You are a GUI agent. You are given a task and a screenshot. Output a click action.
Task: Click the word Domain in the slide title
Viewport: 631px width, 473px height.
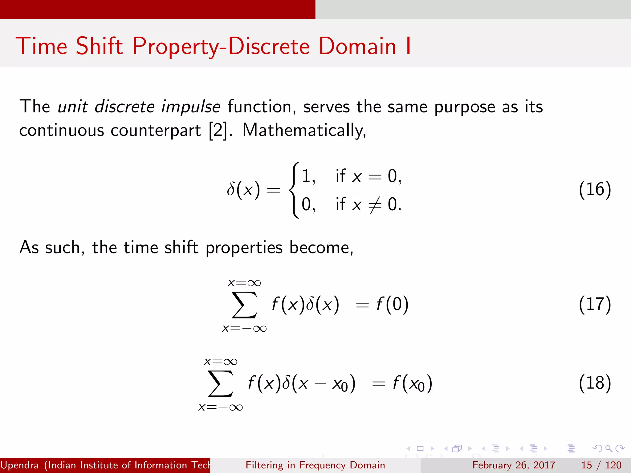[x=357, y=46]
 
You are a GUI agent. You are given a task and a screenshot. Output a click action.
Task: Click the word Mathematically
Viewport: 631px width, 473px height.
[x=304, y=130]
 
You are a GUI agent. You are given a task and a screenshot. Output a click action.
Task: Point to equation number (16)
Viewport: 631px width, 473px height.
[x=595, y=189]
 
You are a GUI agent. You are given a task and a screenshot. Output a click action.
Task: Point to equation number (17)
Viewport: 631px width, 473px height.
[x=595, y=304]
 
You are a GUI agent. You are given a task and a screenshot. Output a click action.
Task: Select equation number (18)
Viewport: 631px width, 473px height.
[x=595, y=383]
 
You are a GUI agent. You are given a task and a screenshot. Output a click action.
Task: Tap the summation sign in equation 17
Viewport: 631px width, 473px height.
[x=244, y=305]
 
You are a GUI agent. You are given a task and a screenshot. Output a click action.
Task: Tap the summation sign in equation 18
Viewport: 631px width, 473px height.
[x=221, y=384]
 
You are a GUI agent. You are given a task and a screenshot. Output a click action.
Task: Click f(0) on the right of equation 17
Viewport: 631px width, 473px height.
[x=393, y=304]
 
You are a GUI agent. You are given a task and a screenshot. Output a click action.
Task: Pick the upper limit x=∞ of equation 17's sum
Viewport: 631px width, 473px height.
[x=244, y=283]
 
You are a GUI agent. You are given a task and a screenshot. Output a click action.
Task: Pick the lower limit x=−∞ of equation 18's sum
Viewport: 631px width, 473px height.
[x=221, y=407]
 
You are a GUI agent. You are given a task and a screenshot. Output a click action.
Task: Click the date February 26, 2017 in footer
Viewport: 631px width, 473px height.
[x=514, y=465]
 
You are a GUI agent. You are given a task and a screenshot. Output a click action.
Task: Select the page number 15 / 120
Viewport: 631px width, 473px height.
[x=601, y=465]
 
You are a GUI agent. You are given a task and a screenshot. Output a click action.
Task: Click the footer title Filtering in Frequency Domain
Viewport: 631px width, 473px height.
[x=315, y=465]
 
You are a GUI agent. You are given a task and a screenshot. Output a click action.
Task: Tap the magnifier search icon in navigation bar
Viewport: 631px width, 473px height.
[x=609, y=448]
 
